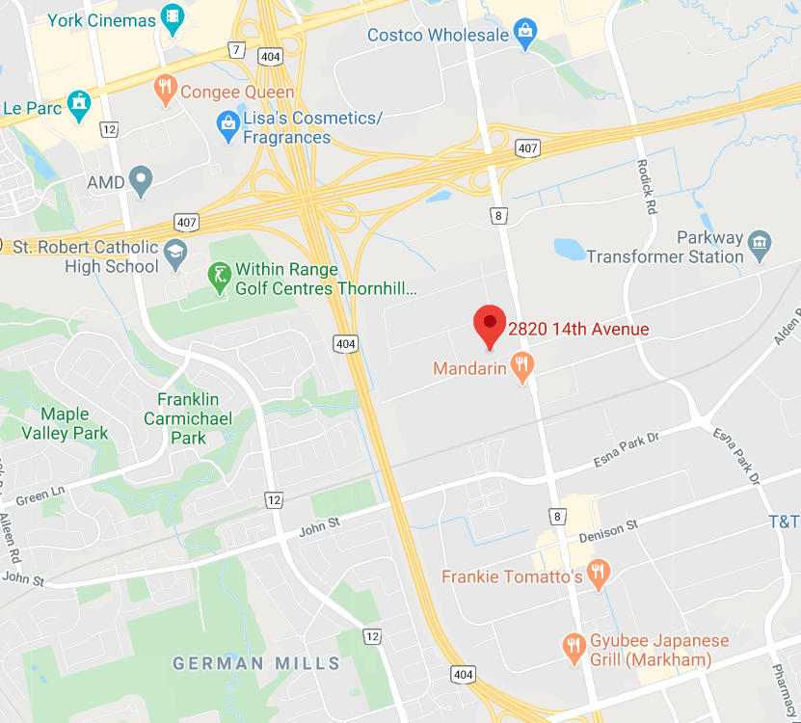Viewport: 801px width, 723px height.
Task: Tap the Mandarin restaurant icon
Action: click(523, 367)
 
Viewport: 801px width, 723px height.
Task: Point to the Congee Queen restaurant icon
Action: click(166, 92)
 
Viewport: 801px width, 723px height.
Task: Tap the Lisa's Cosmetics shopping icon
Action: click(227, 126)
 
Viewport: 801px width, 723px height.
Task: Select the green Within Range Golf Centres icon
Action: click(220, 278)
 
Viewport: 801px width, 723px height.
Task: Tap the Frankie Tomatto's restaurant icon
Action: click(599, 576)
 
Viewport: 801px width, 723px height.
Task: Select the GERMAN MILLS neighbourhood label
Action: click(256, 663)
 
